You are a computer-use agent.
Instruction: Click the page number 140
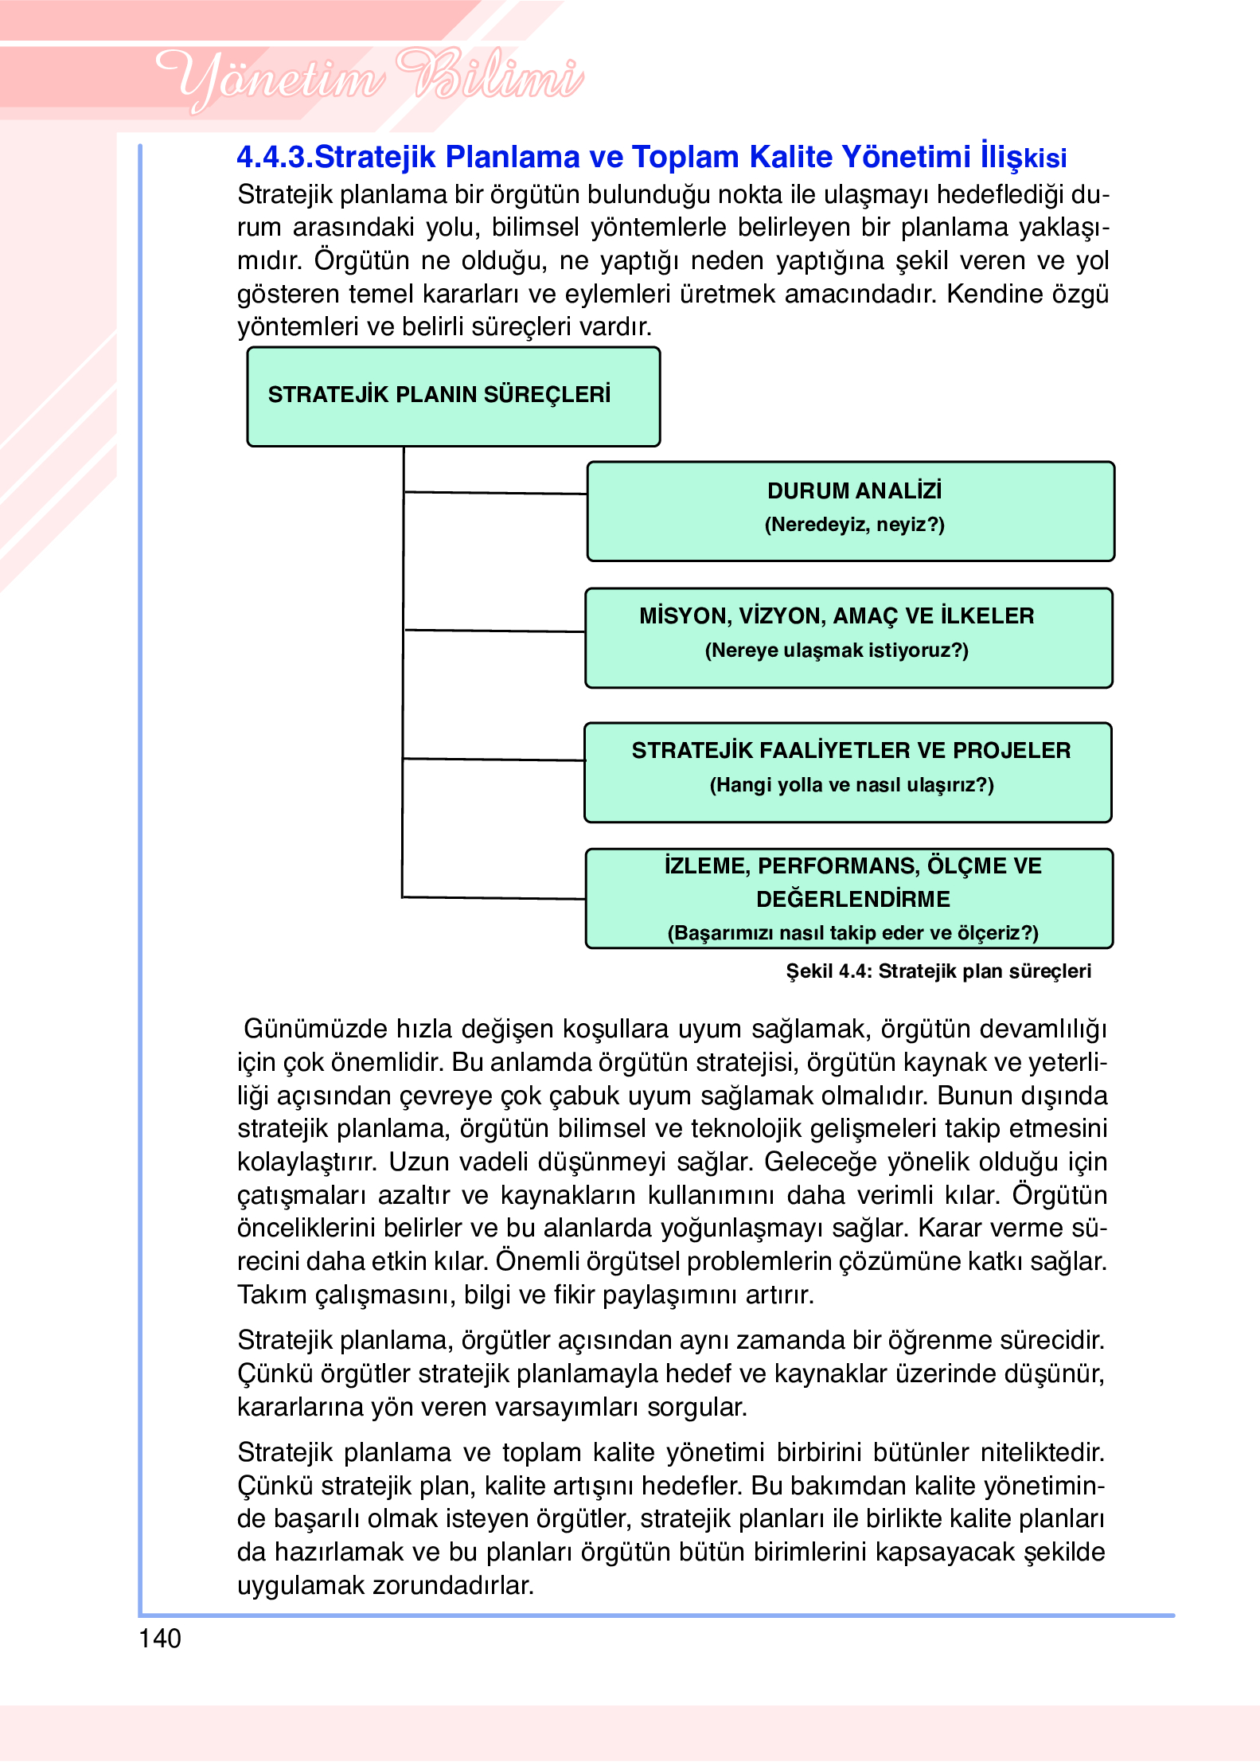coord(160,1639)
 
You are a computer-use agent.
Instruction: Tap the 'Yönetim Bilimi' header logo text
coord(369,79)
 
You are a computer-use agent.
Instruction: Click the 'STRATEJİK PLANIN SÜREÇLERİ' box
coord(453,396)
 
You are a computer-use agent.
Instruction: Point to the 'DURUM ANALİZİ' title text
coord(854,490)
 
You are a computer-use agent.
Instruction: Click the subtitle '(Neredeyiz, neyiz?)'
coord(854,525)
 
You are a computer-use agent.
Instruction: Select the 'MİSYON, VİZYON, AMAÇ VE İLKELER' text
coord(837,615)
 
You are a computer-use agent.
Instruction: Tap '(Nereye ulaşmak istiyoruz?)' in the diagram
coord(837,650)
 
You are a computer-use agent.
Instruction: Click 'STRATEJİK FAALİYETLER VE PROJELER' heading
coord(851,750)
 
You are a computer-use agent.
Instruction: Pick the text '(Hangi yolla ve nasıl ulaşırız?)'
coord(851,785)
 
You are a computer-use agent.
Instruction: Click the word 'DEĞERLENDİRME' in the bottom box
coord(852,899)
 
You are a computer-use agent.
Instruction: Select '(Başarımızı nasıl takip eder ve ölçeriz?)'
coord(852,932)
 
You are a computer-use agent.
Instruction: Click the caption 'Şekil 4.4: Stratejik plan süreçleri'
coord(938,971)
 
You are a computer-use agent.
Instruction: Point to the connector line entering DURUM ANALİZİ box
coord(495,493)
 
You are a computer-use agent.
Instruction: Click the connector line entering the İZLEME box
coord(493,897)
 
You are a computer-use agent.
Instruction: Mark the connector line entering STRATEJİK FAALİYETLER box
coord(493,759)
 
